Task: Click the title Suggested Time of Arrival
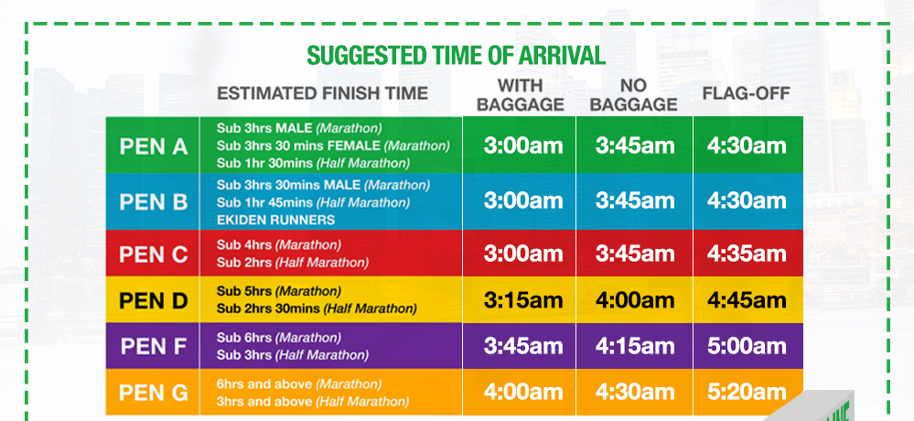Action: click(x=456, y=56)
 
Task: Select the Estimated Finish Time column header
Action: click(x=322, y=93)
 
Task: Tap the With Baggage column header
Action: click(x=520, y=95)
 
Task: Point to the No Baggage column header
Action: click(x=634, y=95)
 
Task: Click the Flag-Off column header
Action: click(x=747, y=93)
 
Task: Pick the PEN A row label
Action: click(x=154, y=146)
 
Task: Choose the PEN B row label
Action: click(x=154, y=201)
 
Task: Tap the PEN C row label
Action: click(x=154, y=254)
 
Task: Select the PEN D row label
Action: click(x=154, y=301)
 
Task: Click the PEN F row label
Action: click(x=154, y=347)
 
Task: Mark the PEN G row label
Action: click(x=154, y=393)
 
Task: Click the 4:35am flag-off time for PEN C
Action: click(x=747, y=254)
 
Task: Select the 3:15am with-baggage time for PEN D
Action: click(x=523, y=300)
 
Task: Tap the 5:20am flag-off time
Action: click(x=747, y=392)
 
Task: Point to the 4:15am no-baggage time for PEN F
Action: click(x=635, y=346)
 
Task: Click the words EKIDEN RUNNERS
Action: click(x=275, y=220)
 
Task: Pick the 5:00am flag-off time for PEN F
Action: click(x=747, y=346)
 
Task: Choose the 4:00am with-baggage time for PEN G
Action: click(x=523, y=392)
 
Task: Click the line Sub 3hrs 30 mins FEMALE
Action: click(x=299, y=146)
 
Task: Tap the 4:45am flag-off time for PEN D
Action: click(x=747, y=300)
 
